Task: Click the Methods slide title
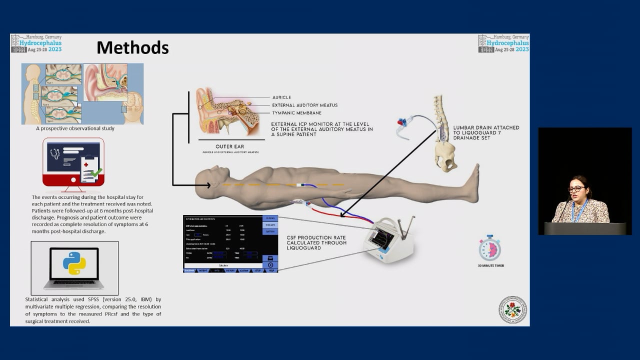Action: pyautogui.click(x=132, y=47)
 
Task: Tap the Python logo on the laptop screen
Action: pyautogui.click(x=74, y=263)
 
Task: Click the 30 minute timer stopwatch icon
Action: pyautogui.click(x=489, y=248)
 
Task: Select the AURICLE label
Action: pyautogui.click(x=281, y=97)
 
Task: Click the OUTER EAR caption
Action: pyautogui.click(x=230, y=146)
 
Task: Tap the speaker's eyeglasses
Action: pyautogui.click(x=576, y=188)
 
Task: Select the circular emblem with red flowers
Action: pyautogui.click(x=512, y=309)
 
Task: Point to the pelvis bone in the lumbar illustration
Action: pyautogui.click(x=445, y=155)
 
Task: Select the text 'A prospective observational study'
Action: pyautogui.click(x=75, y=128)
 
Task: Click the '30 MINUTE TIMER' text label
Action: pyautogui.click(x=490, y=266)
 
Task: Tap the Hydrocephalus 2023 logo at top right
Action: pyautogui.click(x=503, y=43)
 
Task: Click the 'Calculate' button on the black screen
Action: pyautogui.click(x=223, y=265)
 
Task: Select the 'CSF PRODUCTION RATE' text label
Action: pyautogui.click(x=317, y=237)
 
